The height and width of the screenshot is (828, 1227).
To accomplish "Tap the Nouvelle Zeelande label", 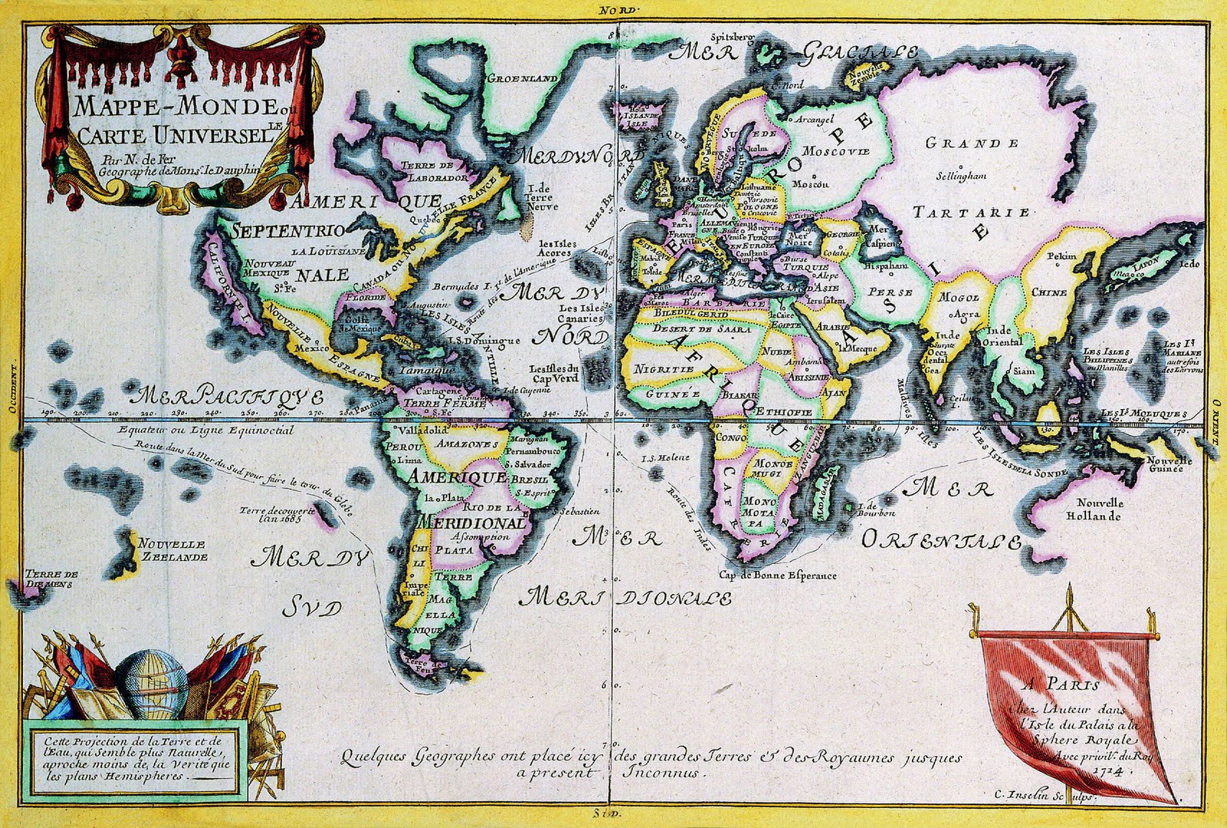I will tap(173, 549).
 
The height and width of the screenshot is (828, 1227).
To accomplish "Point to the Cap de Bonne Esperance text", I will tap(778, 575).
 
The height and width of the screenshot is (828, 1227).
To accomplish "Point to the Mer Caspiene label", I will tap(881, 236).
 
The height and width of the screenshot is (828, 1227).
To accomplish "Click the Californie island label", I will tap(228, 282).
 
